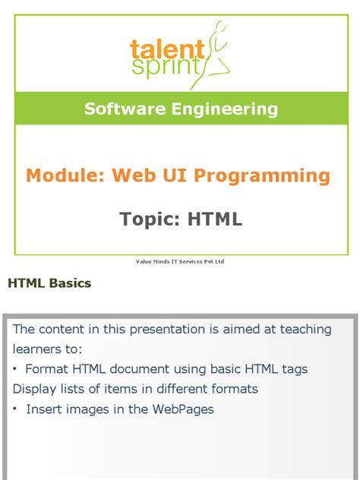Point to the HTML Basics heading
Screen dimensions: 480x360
(49, 283)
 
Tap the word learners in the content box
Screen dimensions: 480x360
(38, 349)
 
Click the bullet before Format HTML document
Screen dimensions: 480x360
(17, 369)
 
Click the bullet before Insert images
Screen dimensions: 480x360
(17, 409)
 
